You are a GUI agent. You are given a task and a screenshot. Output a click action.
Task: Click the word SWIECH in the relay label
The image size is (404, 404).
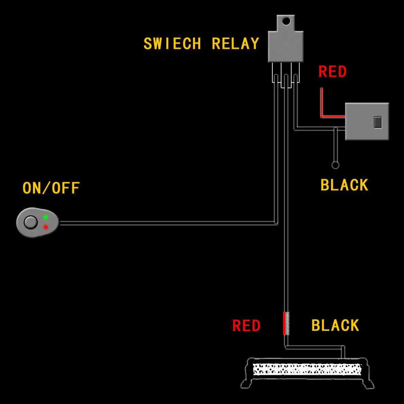pos(172,44)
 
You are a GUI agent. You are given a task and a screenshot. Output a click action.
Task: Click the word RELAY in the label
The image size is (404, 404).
pos(235,44)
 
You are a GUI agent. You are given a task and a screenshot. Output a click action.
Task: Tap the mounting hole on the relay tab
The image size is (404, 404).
pos(286,21)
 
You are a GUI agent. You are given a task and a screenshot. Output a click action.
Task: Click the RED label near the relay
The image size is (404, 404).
pos(332,72)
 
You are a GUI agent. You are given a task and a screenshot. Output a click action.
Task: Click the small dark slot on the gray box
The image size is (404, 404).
pos(378,122)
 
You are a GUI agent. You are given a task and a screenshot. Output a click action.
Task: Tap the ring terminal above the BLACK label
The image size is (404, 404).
pos(335,165)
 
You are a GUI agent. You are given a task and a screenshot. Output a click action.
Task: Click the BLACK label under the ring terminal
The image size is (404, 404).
pos(344,185)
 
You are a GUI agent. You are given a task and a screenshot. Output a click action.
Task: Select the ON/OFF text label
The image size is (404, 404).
pos(51,188)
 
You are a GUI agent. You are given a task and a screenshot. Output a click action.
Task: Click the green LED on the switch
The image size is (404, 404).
pos(45,217)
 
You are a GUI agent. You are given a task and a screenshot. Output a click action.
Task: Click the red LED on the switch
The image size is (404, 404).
pos(45,227)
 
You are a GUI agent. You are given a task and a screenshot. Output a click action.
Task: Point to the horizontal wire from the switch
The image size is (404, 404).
pos(166,223)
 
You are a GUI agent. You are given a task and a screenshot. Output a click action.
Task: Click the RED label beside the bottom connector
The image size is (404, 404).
pos(246,326)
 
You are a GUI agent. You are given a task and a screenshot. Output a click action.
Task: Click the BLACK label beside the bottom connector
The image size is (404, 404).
pos(335,325)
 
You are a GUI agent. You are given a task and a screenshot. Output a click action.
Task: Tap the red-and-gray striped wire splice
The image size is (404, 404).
pos(286,324)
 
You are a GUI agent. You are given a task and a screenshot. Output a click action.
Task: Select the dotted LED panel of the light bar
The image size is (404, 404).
pos(307,369)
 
